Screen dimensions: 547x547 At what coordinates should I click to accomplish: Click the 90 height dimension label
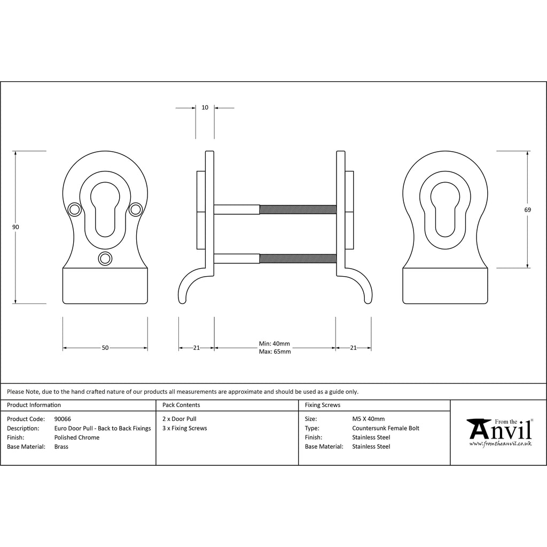point(15,227)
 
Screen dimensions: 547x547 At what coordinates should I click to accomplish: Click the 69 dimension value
point(527,209)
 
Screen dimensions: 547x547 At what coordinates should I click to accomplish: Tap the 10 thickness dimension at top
point(205,107)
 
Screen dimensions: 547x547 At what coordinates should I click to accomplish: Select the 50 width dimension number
point(105,348)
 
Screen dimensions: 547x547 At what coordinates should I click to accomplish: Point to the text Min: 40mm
point(274,343)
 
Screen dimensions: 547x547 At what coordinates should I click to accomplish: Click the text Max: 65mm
point(275,351)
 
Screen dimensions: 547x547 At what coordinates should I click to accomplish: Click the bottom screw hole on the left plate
point(105,259)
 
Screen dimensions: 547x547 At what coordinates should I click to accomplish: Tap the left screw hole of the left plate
point(74,209)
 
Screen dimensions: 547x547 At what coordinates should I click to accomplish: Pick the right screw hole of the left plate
point(135,209)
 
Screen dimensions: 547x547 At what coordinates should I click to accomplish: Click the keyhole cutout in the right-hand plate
point(445,209)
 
